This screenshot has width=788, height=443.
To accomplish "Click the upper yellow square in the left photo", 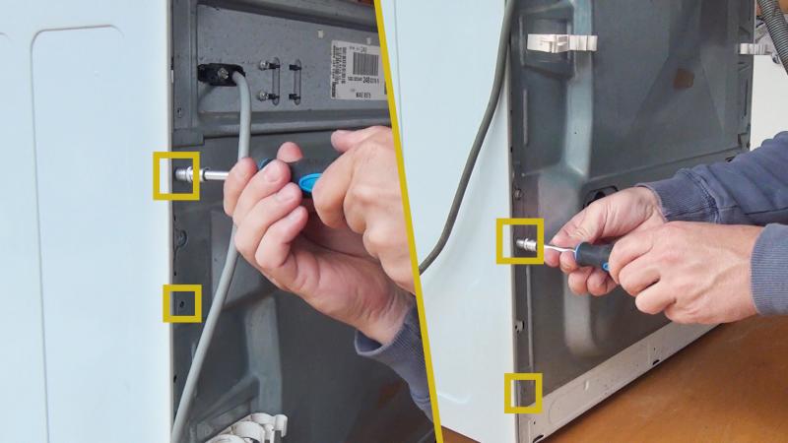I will (x=176, y=175).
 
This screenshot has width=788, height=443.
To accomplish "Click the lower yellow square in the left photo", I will (x=182, y=302).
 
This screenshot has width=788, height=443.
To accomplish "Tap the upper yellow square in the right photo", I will (x=519, y=241).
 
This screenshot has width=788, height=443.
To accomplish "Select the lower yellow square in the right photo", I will (x=523, y=392).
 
